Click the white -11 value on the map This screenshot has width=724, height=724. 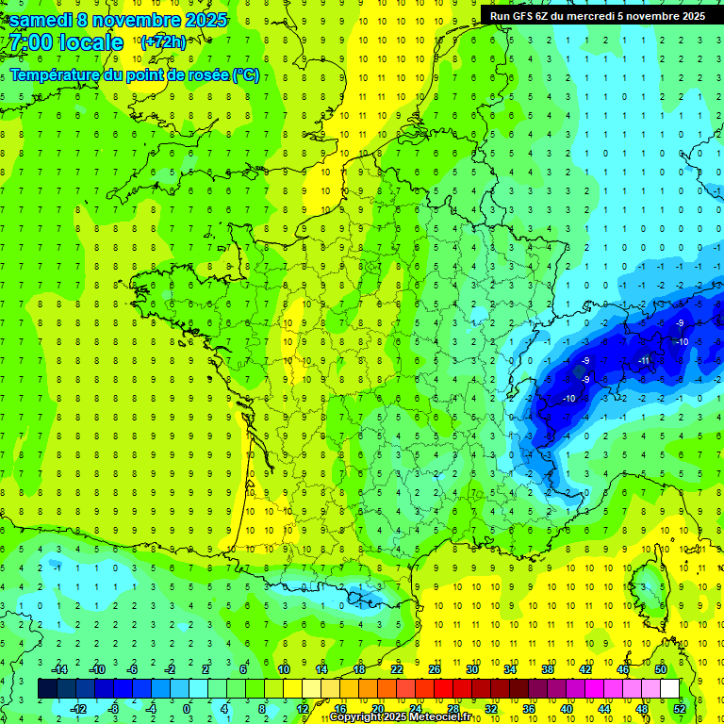(x=644, y=361)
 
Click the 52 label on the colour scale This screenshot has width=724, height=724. (x=680, y=708)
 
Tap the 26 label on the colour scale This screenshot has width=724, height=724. (x=435, y=669)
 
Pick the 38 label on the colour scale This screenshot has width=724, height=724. (x=548, y=669)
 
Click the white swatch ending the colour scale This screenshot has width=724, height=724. (x=669, y=689)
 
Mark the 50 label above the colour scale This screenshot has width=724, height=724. (x=661, y=669)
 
